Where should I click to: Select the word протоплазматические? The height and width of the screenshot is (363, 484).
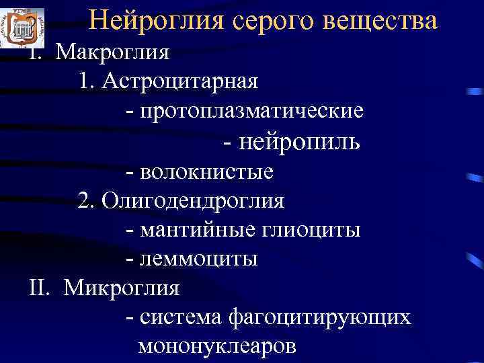coord(253,111)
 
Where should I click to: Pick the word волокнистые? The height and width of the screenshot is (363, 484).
coord(208,171)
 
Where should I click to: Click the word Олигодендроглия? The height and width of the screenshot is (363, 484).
coord(194,200)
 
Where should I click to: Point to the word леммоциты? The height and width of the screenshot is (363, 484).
coord(200,259)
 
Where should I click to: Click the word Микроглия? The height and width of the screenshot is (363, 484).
coord(122,288)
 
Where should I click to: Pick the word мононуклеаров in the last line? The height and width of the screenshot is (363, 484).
coord(216,347)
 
